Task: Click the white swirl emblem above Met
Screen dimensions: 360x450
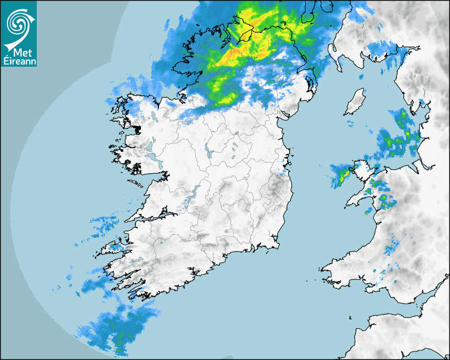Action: (x=18, y=24)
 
